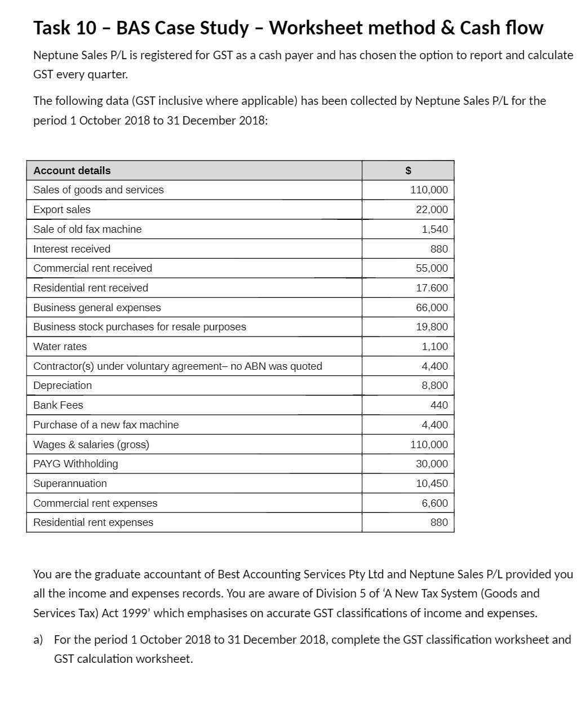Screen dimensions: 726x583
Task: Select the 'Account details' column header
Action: point(72,170)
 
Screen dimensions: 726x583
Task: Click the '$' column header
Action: point(408,170)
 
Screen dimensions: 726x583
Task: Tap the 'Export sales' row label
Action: point(62,210)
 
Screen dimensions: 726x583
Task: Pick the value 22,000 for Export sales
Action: point(431,210)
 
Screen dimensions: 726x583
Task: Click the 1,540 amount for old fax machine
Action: point(435,229)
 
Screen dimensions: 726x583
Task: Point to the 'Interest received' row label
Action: point(72,249)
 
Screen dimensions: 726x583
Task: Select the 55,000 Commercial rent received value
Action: point(431,268)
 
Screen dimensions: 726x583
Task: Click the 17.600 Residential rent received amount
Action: point(431,288)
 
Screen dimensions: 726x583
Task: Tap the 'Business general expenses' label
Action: point(97,308)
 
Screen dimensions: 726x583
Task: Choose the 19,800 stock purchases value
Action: point(431,327)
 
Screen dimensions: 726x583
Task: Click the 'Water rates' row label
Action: point(60,347)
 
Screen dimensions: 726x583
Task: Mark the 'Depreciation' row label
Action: point(63,386)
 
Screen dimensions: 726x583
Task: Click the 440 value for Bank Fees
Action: point(439,405)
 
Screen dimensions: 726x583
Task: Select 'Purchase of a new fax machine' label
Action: point(106,425)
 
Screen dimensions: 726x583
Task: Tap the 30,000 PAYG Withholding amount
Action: point(431,464)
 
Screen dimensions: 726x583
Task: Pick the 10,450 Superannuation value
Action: point(431,484)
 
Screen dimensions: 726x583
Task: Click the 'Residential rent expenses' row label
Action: point(93,523)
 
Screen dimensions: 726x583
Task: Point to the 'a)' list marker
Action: point(38,640)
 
